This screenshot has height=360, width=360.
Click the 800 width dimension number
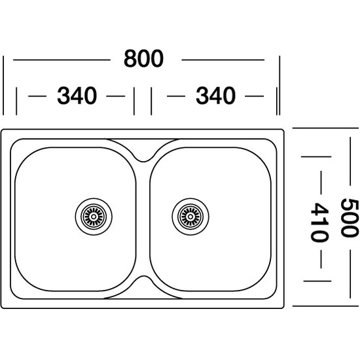[x=143, y=58]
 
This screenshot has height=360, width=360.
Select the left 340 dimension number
[x=77, y=96]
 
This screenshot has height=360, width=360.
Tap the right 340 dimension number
[x=215, y=96]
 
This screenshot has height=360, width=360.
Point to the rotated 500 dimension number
[x=350, y=218]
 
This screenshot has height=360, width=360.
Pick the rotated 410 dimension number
[x=319, y=222]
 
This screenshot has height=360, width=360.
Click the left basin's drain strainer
[x=94, y=217]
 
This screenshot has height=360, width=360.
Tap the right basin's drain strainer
[x=190, y=217]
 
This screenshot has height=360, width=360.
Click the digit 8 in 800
[x=130, y=58]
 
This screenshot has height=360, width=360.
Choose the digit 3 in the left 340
[x=63, y=96]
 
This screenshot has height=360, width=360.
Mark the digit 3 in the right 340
[x=202, y=96]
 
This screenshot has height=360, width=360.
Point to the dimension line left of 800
[x=62, y=60]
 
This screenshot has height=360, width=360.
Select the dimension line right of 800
[x=223, y=60]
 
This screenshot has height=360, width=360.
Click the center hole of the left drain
[x=94, y=217]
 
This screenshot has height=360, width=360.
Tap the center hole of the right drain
[x=190, y=217]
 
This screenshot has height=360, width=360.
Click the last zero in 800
[x=157, y=58]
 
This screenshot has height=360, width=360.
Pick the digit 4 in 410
[x=319, y=209]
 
